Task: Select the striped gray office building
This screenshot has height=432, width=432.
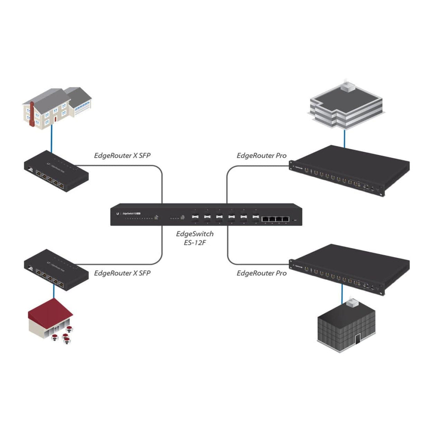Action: tap(345, 107)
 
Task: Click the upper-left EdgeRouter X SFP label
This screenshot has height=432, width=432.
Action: tap(122, 156)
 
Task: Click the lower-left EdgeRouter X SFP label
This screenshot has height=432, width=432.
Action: tap(122, 273)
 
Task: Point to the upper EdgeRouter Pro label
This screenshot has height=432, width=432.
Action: tap(262, 156)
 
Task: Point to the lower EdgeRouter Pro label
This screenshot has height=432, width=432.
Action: tap(262, 273)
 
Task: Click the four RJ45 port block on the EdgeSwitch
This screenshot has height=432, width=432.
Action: tap(275, 219)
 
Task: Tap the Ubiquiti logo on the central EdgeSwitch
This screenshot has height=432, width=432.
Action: tap(116, 214)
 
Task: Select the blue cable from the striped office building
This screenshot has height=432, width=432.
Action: tap(344, 137)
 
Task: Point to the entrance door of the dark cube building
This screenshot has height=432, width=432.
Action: tap(358, 338)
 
